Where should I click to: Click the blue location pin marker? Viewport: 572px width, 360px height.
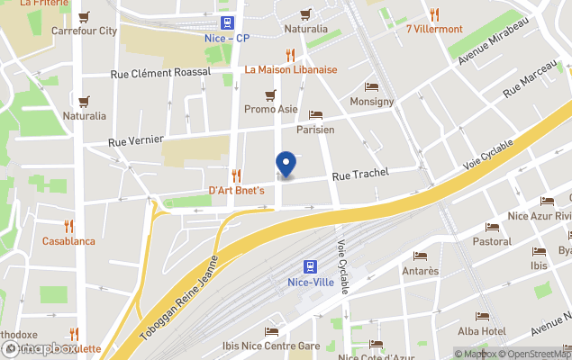pos(286,164)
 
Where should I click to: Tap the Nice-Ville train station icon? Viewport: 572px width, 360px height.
pos(309,266)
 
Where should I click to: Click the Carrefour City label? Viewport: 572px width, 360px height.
pos(85,31)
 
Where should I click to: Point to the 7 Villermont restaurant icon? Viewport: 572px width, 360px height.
pos(434,14)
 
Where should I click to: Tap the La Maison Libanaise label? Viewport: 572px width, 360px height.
pos(290,69)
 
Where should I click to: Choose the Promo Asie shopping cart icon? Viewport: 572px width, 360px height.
pos(270,94)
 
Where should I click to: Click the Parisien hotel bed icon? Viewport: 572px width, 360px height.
pos(315,115)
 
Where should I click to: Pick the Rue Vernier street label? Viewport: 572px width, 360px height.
pos(135,139)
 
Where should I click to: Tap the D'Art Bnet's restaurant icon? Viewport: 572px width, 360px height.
pos(236,175)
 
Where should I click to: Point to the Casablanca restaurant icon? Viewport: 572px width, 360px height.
pos(68,226)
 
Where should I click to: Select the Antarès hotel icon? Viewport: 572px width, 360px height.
pos(420,256)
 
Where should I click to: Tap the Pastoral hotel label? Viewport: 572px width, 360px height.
pos(492,241)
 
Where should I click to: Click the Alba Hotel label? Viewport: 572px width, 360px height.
pos(481,330)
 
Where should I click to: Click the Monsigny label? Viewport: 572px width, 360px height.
pos(372,102)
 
